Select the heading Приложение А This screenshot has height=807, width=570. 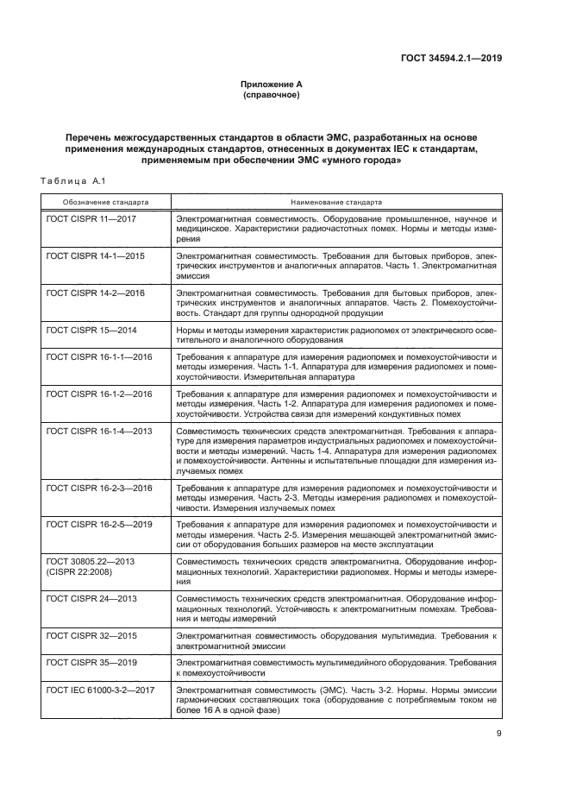click(271, 85)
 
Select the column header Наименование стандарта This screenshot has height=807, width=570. click(336, 201)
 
